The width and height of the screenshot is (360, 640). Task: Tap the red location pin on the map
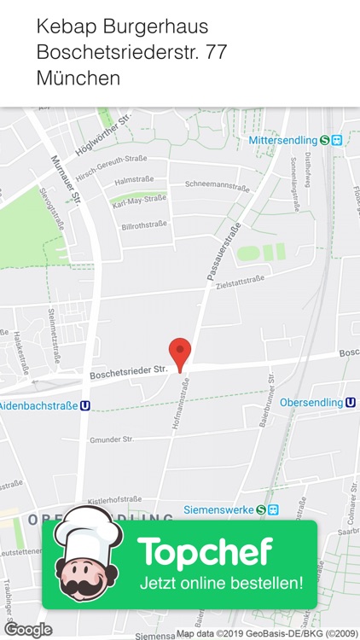click(179, 352)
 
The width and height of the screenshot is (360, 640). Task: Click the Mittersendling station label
click(283, 140)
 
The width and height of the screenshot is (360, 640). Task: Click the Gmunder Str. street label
click(111, 439)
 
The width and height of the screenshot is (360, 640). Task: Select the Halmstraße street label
click(133, 181)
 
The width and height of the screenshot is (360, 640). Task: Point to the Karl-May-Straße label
click(139, 201)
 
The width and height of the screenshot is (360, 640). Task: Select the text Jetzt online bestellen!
click(221, 585)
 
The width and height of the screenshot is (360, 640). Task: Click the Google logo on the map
click(28, 630)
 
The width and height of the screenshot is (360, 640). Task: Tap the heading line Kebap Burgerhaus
click(122, 27)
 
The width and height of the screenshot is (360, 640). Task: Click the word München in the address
click(78, 79)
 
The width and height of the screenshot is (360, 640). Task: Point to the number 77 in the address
click(216, 53)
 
